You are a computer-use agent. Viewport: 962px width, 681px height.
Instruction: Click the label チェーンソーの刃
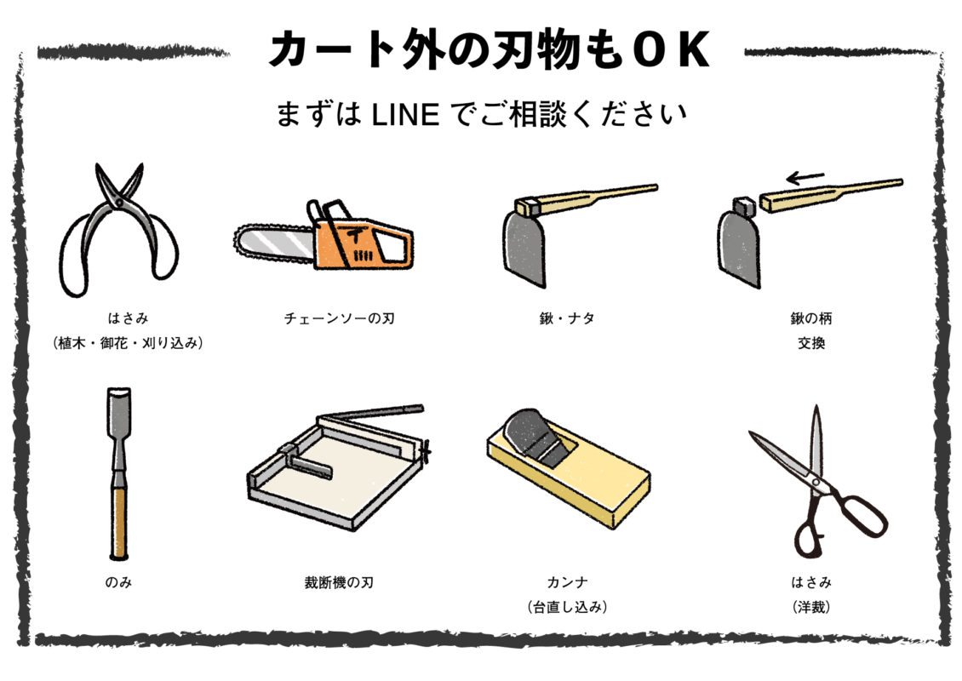click(340, 319)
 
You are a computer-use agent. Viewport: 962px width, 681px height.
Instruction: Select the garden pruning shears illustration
click(118, 226)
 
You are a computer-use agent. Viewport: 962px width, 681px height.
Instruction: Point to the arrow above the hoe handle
click(805, 177)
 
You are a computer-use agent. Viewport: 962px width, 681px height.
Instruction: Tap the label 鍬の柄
click(810, 319)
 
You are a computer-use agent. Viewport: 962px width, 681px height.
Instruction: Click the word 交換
click(810, 344)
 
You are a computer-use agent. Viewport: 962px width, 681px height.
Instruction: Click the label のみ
click(118, 583)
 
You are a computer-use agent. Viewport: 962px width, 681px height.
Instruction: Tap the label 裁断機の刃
click(339, 583)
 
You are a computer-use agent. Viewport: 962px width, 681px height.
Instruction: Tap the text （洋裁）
click(810, 608)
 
